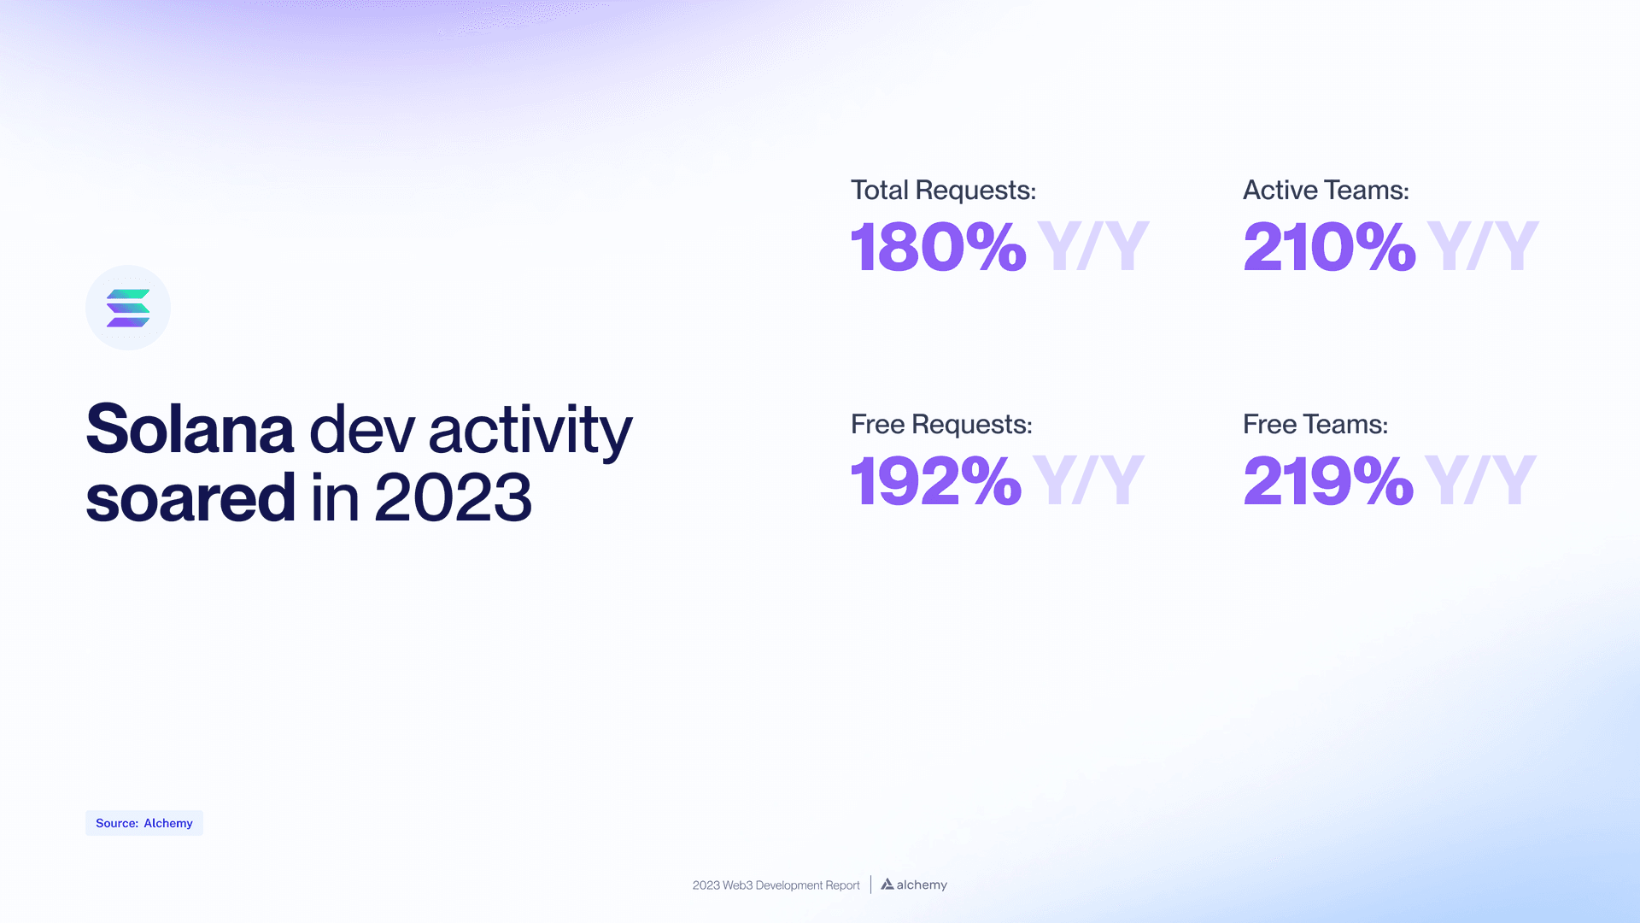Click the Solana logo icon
pyautogui.click(x=128, y=308)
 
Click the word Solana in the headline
pyautogui.click(x=190, y=430)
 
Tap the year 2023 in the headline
pyautogui.click(x=453, y=498)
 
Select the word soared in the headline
pyautogui.click(x=190, y=498)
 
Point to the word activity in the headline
pyautogui.click(x=530, y=430)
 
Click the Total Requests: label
pyautogui.click(x=943, y=190)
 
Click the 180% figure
pyautogui.click(x=938, y=247)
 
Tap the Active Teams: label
pyautogui.click(x=1326, y=190)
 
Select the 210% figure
pyautogui.click(x=1329, y=247)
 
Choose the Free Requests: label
pyautogui.click(x=941, y=424)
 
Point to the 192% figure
pyautogui.click(x=935, y=481)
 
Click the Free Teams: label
pyautogui.click(x=1315, y=424)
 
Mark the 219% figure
pyautogui.click(x=1328, y=481)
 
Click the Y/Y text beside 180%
pyautogui.click(x=1093, y=247)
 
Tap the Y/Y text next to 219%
pyautogui.click(x=1480, y=481)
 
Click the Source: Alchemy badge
pyautogui.click(x=144, y=823)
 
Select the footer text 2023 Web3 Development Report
pyautogui.click(x=776, y=885)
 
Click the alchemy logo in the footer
pyautogui.click(x=914, y=885)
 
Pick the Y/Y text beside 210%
pyautogui.click(x=1483, y=247)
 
